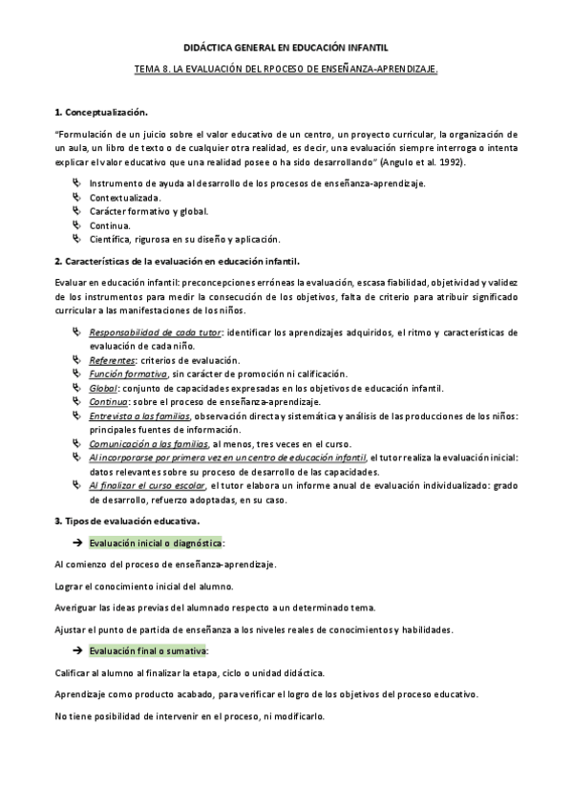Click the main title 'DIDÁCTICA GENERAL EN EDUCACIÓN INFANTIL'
[286, 47]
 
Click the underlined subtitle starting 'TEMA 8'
[286, 71]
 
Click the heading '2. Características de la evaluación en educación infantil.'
[177, 260]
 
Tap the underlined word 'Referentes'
[112, 359]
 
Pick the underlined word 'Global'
[103, 388]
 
